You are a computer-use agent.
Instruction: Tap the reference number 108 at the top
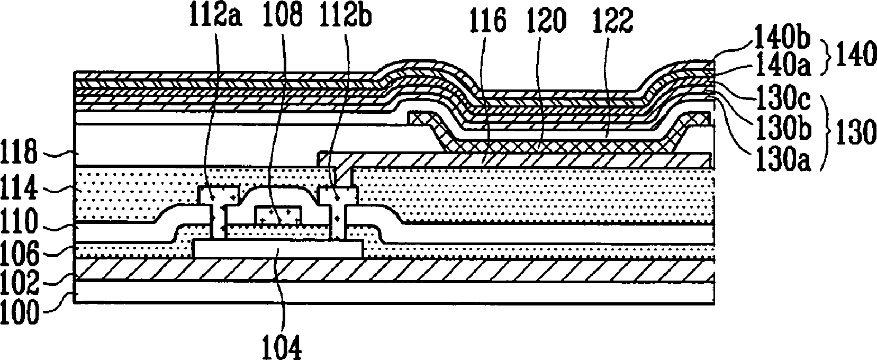281,18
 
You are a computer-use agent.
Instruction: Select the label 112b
345,18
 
